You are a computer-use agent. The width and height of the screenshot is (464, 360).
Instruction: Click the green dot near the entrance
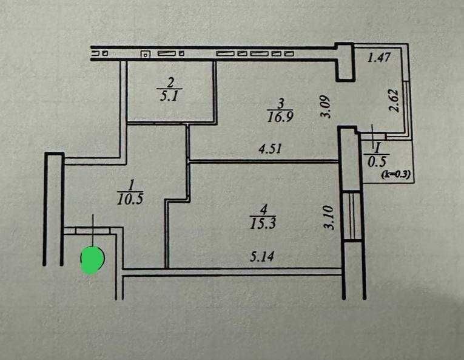tap(92, 260)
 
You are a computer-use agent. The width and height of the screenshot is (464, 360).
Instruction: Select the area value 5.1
tap(170, 96)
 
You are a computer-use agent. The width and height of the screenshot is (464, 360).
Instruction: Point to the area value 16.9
tap(280, 117)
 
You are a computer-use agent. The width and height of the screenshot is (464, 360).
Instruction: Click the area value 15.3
tap(263, 223)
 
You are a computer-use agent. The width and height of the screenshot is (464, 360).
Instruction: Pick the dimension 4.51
tap(270, 149)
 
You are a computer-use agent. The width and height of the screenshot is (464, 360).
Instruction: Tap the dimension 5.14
tap(262, 256)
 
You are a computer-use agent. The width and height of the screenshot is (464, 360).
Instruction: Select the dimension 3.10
tap(329, 218)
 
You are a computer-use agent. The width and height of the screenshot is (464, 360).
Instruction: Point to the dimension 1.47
tap(379, 57)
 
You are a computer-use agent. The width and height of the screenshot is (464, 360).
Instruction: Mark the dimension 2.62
tap(394, 100)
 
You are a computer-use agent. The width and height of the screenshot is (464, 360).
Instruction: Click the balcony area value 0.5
tap(377, 161)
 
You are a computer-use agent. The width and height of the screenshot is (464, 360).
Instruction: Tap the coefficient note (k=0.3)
tap(395, 174)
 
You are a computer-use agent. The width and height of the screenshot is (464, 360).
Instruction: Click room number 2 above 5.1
tap(170, 83)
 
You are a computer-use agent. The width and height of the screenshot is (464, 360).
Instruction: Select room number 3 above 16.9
tap(281, 104)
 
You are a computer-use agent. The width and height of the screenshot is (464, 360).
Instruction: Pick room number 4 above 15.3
tap(263, 210)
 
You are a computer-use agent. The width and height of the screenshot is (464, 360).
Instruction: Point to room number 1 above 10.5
tap(130, 186)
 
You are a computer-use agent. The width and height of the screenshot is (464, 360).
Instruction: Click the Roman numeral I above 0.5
tap(377, 149)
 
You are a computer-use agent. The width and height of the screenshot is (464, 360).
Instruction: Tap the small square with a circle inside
tap(145, 54)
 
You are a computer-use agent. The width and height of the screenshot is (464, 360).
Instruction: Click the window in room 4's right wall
tap(352, 216)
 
